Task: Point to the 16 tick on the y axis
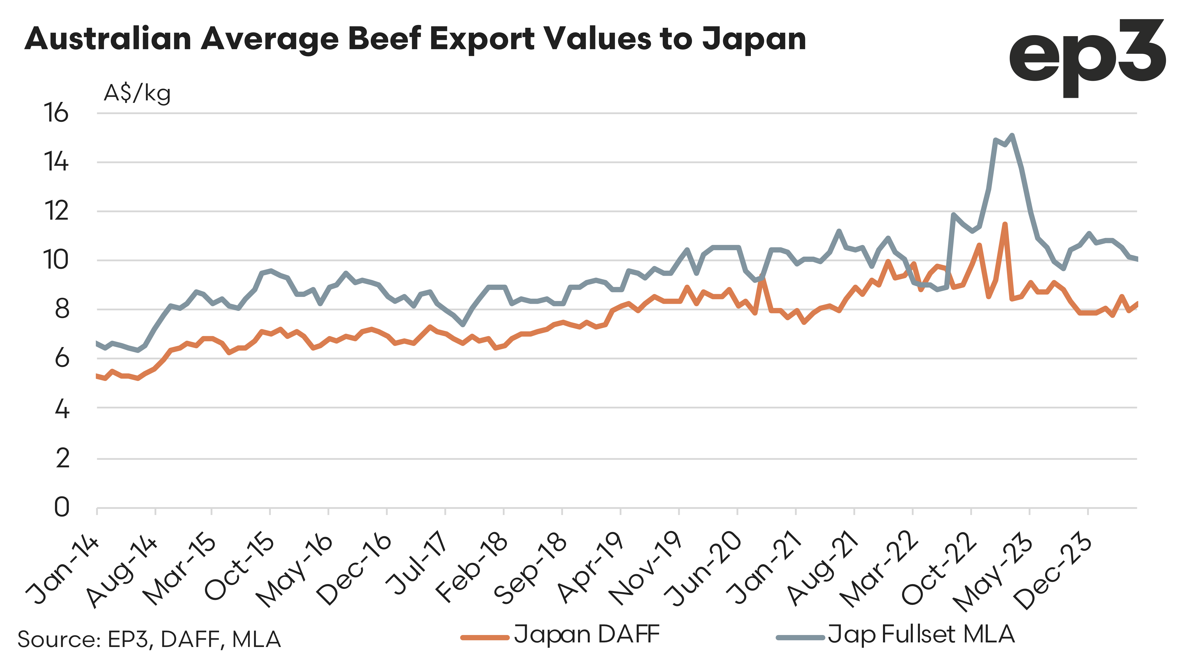coord(56,113)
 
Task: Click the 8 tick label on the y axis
coord(62,309)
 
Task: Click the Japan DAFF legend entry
coord(560,635)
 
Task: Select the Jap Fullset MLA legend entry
coord(895,635)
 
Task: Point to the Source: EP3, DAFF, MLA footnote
coord(149,639)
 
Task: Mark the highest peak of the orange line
coord(1005,224)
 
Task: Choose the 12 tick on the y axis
coord(56,211)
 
